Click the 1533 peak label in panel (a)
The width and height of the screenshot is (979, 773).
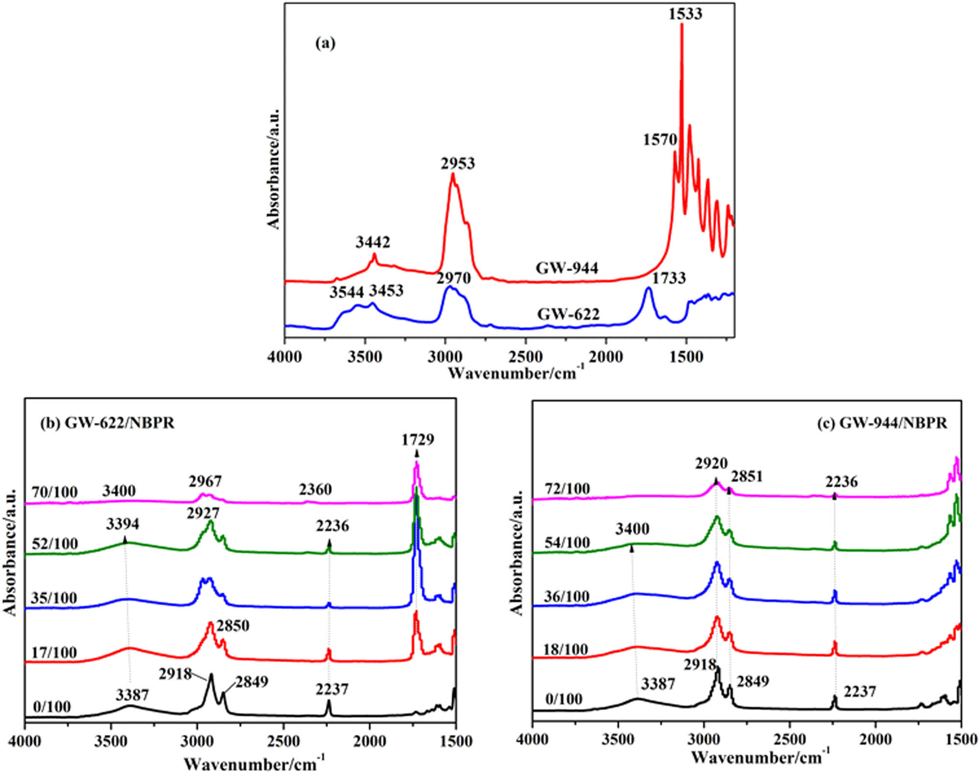coord(685,14)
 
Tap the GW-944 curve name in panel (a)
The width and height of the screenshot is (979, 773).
coord(567,268)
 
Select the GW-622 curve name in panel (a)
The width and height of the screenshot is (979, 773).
coord(568,314)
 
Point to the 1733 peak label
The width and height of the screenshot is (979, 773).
coord(669,278)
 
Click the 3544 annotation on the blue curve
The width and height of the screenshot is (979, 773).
coord(347,292)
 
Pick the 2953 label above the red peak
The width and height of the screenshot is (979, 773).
coord(458,163)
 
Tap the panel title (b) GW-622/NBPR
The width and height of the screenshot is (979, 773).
coord(107,423)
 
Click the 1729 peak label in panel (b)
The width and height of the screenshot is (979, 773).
coord(418,440)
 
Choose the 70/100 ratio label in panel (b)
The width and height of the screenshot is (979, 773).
coord(54,492)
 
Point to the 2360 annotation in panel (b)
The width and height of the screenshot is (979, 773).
coord(315,489)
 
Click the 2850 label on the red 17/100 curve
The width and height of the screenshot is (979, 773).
coord(233,625)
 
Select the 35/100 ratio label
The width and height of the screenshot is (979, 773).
coord(54,598)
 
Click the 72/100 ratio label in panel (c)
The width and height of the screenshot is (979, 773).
coord(567,488)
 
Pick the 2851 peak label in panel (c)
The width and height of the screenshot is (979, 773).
coord(747,476)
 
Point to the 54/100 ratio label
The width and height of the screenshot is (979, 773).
coord(567,542)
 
